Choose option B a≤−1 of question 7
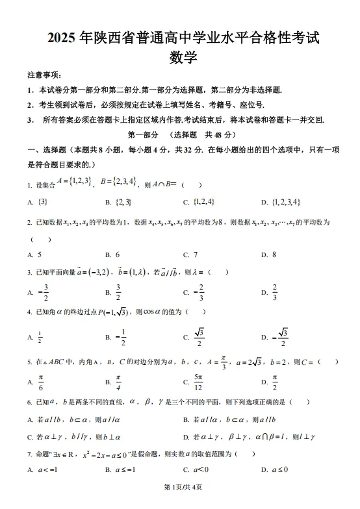tap(125, 469)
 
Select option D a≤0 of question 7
tap(279, 469)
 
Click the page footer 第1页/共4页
tap(180, 501)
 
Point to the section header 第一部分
tap(142, 135)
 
